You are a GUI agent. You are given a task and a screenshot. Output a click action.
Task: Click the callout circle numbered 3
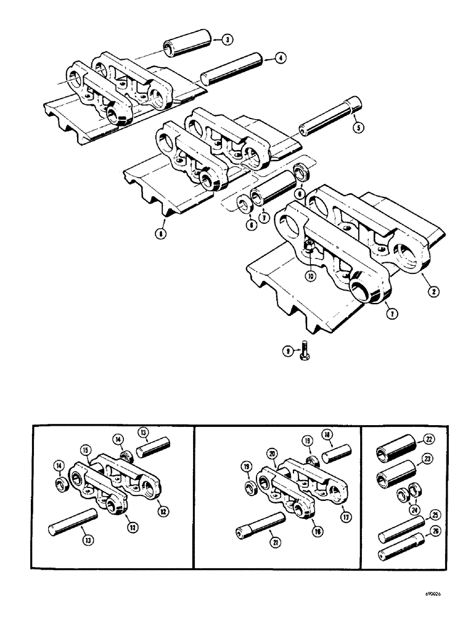[x=228, y=40]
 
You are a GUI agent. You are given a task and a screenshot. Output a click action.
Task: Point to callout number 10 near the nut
[x=310, y=277]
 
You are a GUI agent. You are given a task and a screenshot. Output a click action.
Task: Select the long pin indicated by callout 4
[x=232, y=69]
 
